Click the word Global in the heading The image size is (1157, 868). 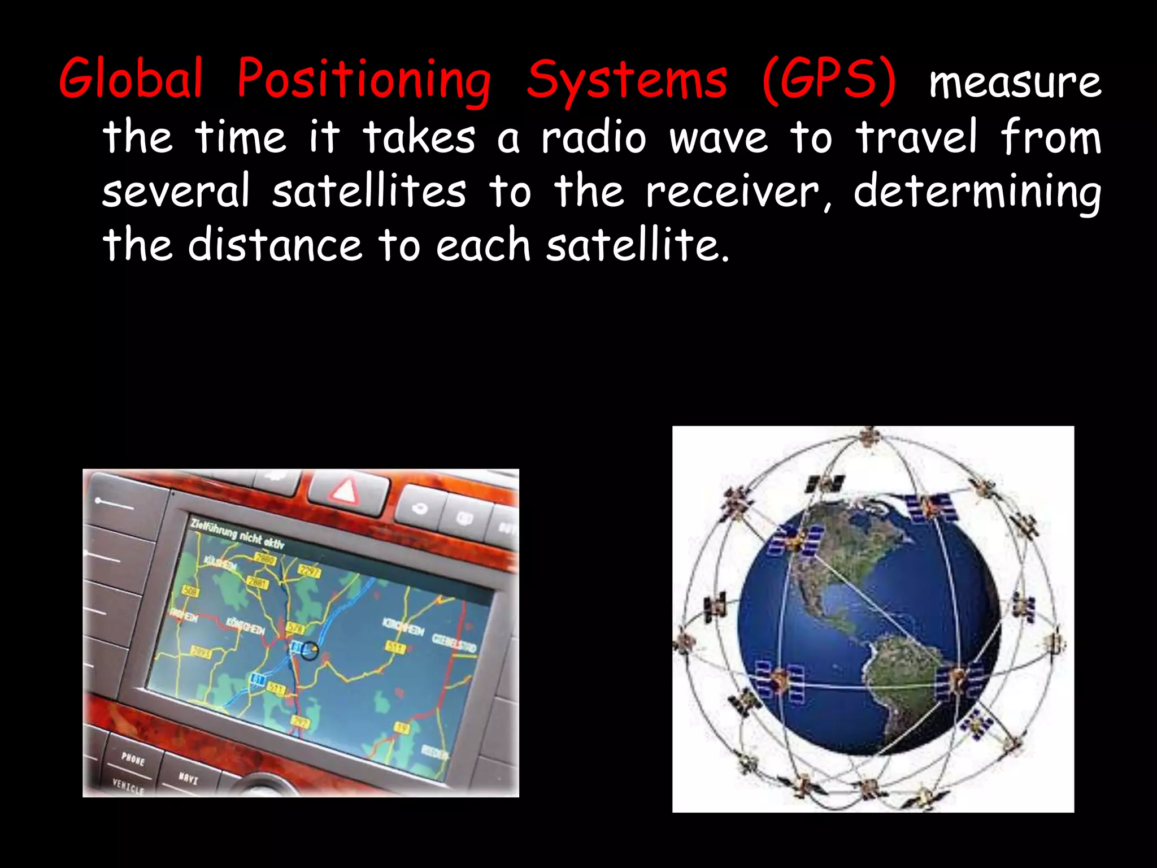pyautogui.click(x=131, y=79)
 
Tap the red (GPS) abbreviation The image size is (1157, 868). pyautogui.click(x=829, y=79)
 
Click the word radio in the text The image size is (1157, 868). pyautogui.click(x=593, y=137)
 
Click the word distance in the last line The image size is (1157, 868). pyautogui.click(x=275, y=246)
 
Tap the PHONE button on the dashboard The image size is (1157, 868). pyautogui.click(x=133, y=758)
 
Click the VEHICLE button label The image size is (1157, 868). pyautogui.click(x=128, y=786)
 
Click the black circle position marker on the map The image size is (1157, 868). pyautogui.click(x=309, y=650)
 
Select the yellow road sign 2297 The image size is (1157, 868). pyautogui.click(x=309, y=571)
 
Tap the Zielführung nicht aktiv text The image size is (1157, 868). pyautogui.click(x=237, y=533)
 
